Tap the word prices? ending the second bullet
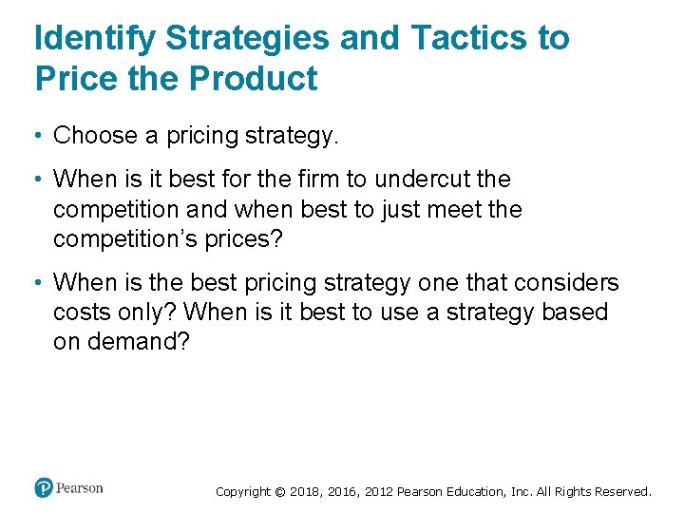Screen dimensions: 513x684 click(x=241, y=238)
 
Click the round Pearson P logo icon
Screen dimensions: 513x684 click(x=44, y=488)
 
